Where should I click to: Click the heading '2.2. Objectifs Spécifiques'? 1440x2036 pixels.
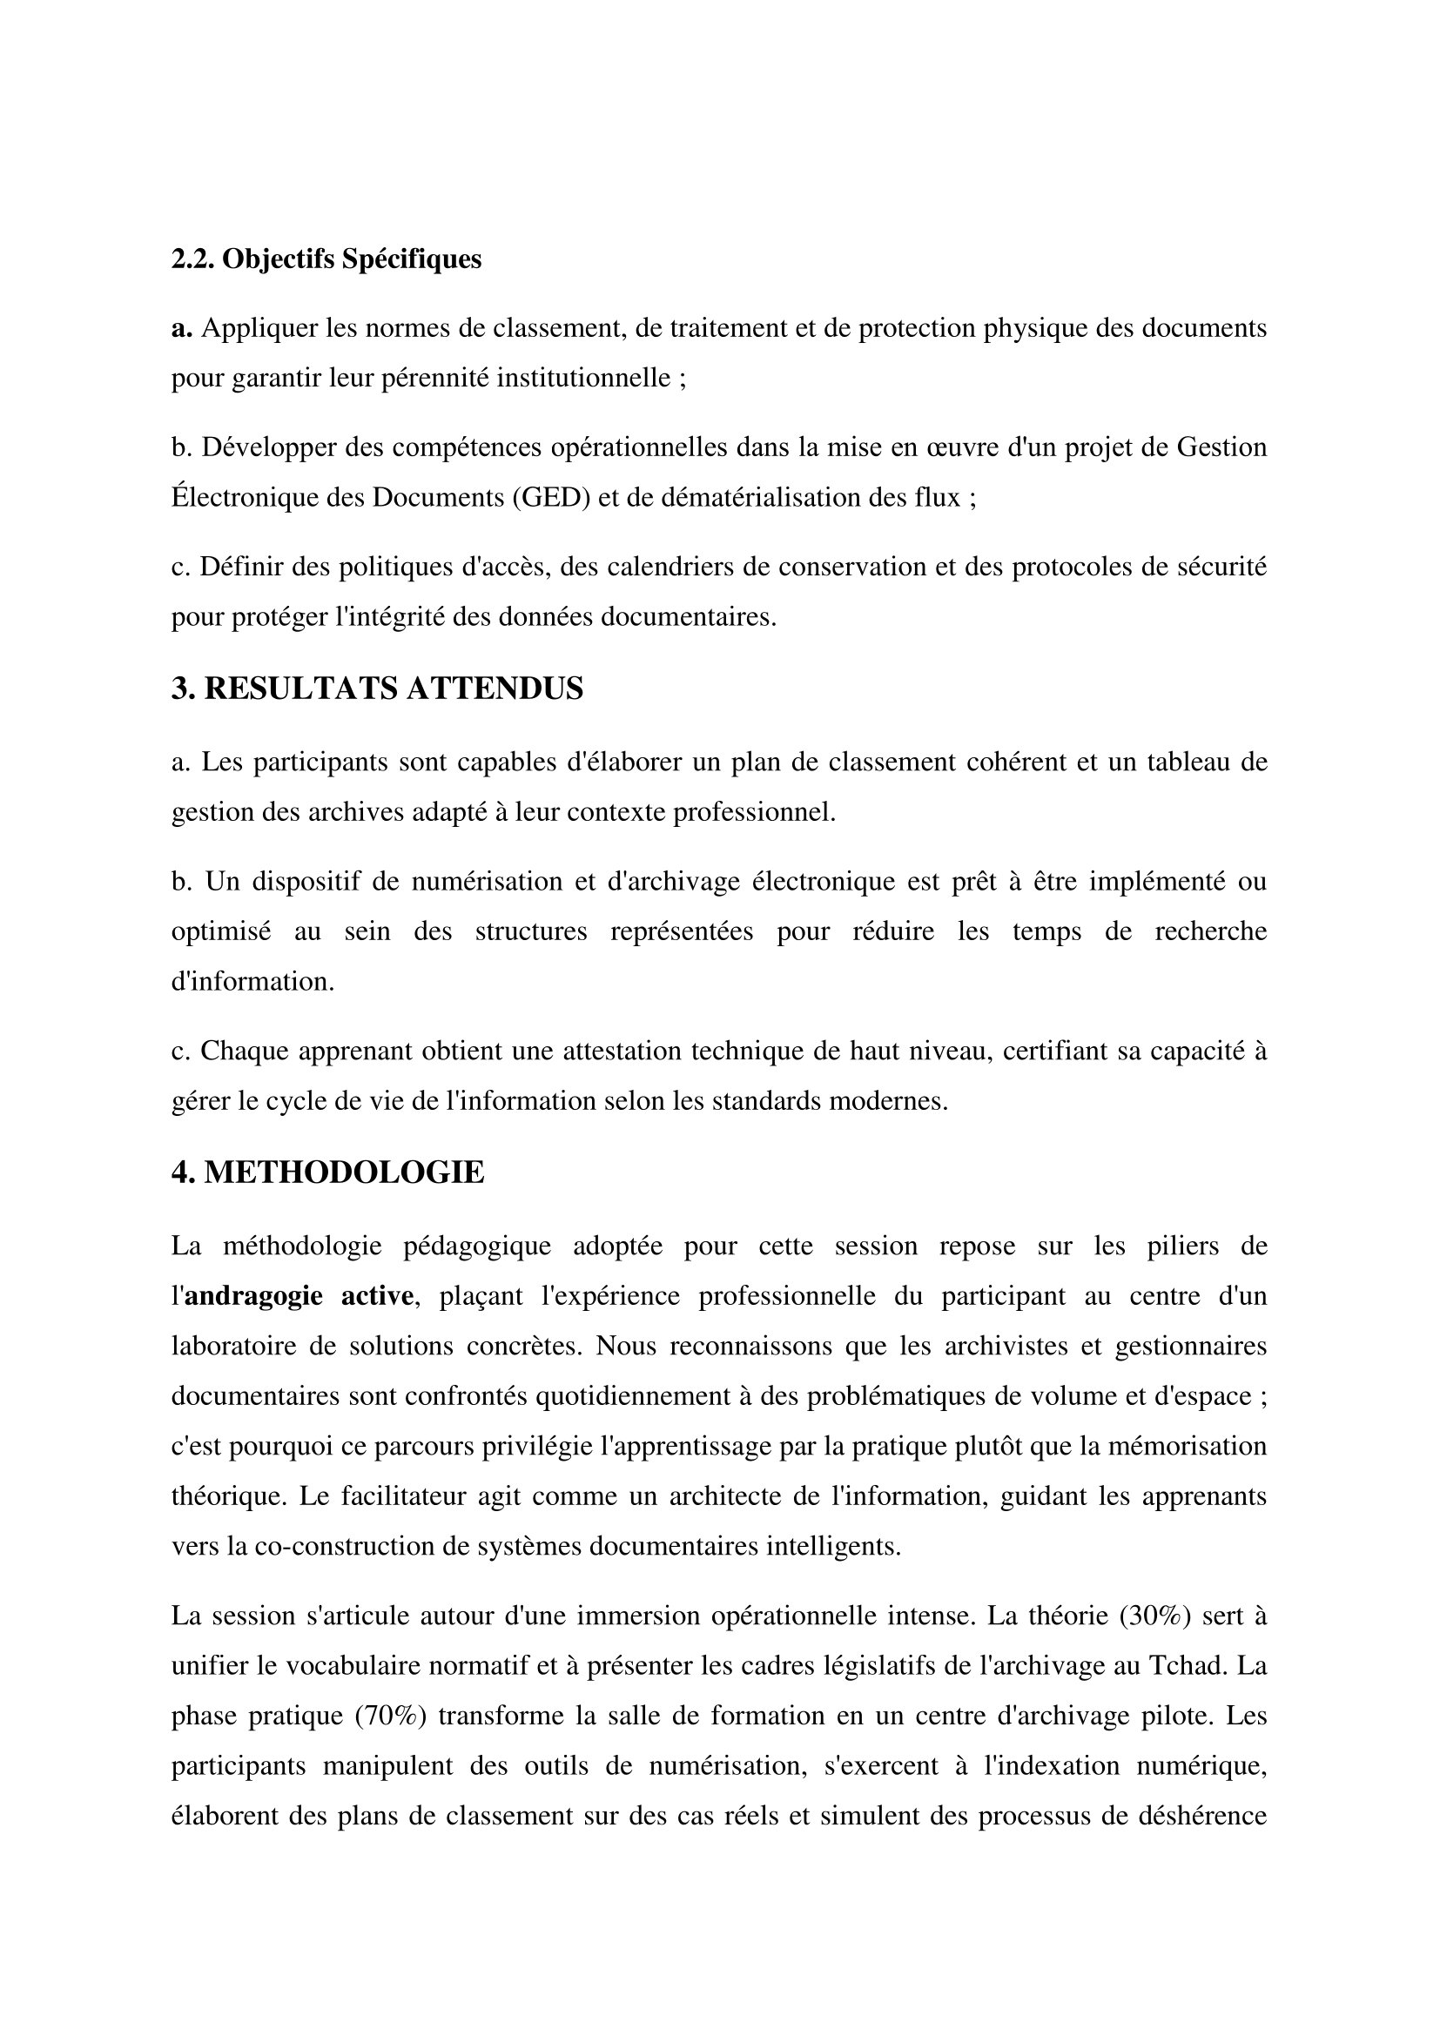coord(326,259)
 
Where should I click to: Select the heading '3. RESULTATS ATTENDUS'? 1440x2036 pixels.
coord(377,689)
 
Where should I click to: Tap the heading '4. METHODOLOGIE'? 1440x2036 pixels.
coord(327,1173)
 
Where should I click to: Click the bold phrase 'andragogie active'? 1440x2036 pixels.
coord(298,1295)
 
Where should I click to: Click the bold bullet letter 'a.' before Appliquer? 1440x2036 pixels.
coord(182,328)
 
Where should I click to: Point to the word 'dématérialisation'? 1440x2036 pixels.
coord(764,498)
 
